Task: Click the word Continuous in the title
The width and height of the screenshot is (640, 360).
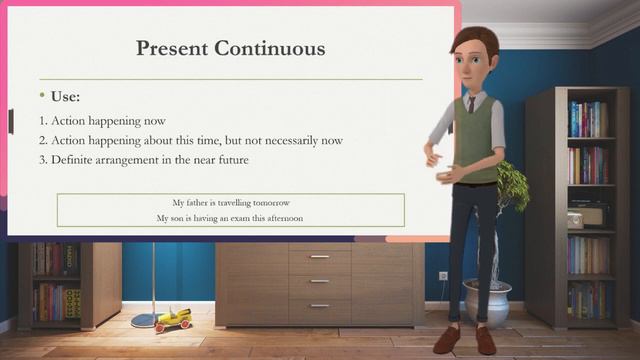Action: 274,47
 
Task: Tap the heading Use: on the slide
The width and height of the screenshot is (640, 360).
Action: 66,97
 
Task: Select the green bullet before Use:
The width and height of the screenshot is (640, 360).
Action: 42,96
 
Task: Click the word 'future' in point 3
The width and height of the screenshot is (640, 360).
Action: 230,160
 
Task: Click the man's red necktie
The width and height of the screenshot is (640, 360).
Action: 471,103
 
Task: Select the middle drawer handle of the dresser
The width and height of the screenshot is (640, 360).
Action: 319,280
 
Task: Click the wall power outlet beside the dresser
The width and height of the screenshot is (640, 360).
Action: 443,276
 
